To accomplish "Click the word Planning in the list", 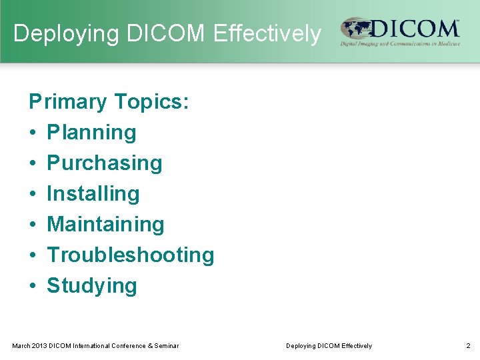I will click(x=91, y=133).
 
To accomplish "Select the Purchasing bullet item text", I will click(x=105, y=163).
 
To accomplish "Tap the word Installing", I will click(x=93, y=194).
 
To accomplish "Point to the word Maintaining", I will click(x=105, y=225).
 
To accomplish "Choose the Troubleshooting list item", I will click(x=131, y=255).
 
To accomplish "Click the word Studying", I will click(x=92, y=286).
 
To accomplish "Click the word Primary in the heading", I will click(x=67, y=102).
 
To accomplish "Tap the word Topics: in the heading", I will click(x=152, y=102).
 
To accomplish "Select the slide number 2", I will click(x=468, y=345).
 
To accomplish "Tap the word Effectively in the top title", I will click(x=267, y=33).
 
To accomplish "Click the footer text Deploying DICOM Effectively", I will click(x=329, y=345).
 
